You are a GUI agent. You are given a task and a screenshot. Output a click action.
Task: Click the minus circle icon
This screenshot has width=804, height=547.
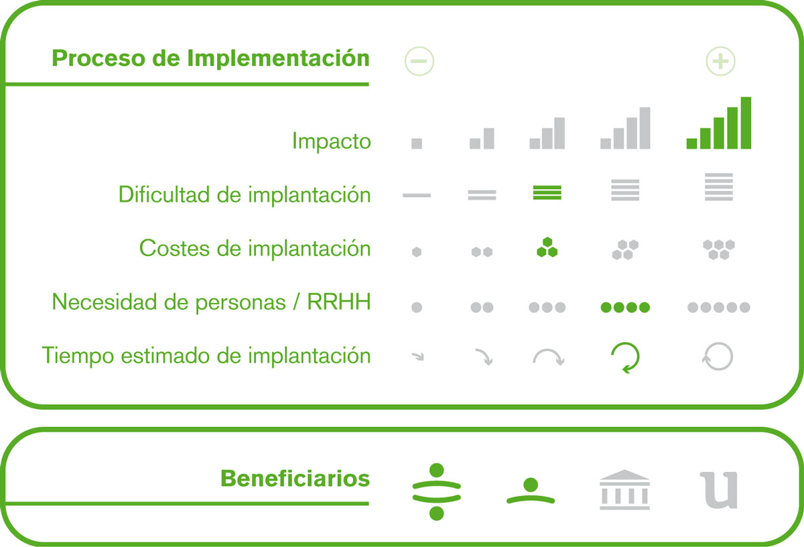click(419, 61)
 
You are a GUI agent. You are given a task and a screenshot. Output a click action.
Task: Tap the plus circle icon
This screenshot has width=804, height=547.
click(720, 61)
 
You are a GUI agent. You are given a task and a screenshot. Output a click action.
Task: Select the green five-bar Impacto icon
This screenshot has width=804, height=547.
click(718, 123)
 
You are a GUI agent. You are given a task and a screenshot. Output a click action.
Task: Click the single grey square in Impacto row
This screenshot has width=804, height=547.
click(417, 143)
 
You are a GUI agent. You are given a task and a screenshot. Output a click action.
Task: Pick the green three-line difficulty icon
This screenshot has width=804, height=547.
click(547, 192)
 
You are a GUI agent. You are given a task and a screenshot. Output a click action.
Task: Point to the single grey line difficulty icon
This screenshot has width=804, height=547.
click(417, 195)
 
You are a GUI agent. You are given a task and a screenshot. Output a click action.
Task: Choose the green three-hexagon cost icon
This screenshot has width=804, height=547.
click(547, 247)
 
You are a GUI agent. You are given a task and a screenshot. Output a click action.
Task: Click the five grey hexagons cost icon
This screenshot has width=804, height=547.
click(718, 249)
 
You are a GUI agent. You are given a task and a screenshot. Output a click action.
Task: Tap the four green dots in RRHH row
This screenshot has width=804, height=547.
click(625, 307)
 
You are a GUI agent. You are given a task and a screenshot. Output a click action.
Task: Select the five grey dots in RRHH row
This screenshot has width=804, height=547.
click(718, 307)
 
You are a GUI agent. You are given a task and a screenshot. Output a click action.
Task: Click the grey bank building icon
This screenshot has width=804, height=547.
click(624, 490)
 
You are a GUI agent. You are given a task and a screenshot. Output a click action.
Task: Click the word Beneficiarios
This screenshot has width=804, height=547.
click(295, 479)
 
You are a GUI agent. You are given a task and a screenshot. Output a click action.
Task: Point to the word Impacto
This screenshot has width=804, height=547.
click(331, 141)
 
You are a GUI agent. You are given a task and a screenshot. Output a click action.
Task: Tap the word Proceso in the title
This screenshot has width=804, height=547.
click(98, 58)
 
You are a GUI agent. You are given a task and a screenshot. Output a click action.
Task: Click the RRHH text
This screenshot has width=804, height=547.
click(338, 302)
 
